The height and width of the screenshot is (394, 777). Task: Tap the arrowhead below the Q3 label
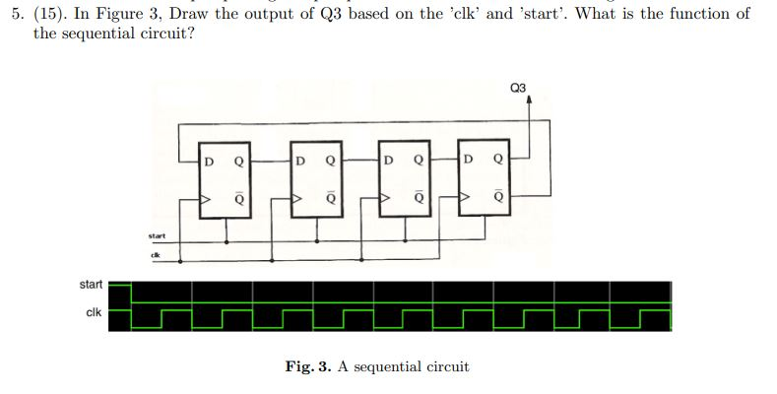(530, 99)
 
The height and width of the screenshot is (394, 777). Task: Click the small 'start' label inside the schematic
(156, 235)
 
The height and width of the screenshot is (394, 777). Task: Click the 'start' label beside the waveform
(90, 285)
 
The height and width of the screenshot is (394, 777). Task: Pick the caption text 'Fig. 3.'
(308, 366)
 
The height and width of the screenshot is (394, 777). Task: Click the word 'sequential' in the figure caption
(387, 367)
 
